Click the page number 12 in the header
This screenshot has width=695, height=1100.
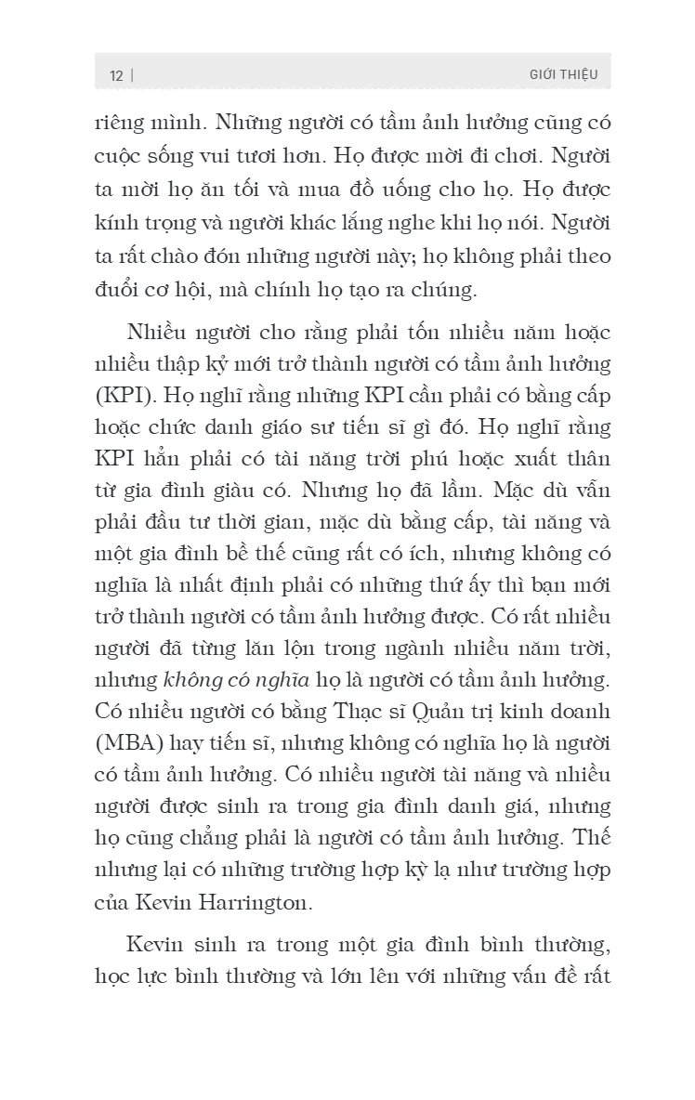click(116, 75)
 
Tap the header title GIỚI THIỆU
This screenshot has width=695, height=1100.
click(563, 74)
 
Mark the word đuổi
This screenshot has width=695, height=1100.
click(115, 290)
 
